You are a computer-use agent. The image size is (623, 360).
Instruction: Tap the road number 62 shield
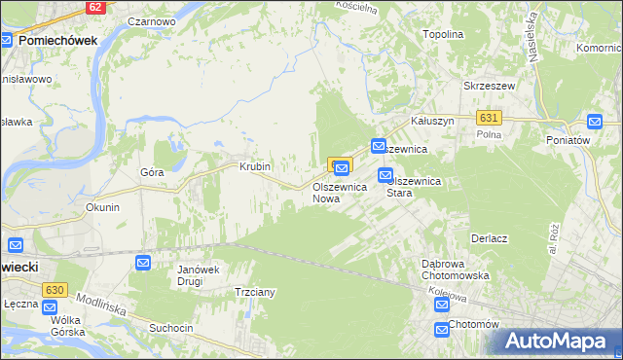(94, 7)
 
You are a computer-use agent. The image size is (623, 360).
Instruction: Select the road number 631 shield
(490, 117)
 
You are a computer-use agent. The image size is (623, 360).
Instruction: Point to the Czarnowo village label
(151, 20)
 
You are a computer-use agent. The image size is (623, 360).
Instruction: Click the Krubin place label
(254, 166)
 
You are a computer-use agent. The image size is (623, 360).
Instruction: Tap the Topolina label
(442, 34)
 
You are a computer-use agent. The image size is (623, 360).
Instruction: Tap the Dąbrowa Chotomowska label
(455, 269)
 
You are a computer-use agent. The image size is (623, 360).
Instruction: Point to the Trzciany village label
(255, 292)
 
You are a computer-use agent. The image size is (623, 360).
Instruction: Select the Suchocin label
(170, 328)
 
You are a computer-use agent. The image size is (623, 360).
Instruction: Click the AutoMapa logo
(558, 342)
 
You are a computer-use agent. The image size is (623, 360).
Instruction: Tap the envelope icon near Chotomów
(442, 329)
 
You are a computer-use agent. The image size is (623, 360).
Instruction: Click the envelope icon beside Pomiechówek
(7, 41)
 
